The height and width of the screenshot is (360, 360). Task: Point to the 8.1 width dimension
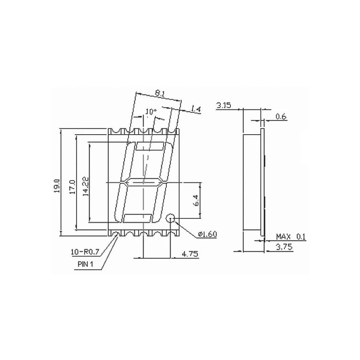159,93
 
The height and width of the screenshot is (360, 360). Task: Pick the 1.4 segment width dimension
196,109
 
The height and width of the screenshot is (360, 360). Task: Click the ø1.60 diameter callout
207,234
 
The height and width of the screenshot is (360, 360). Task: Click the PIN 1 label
85,264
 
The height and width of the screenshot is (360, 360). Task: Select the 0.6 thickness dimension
281,116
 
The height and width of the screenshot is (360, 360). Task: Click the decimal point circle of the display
170,218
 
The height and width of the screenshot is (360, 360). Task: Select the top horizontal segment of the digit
150,146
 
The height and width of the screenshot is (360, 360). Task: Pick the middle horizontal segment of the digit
143,183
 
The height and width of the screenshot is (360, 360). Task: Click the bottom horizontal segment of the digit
137,218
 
